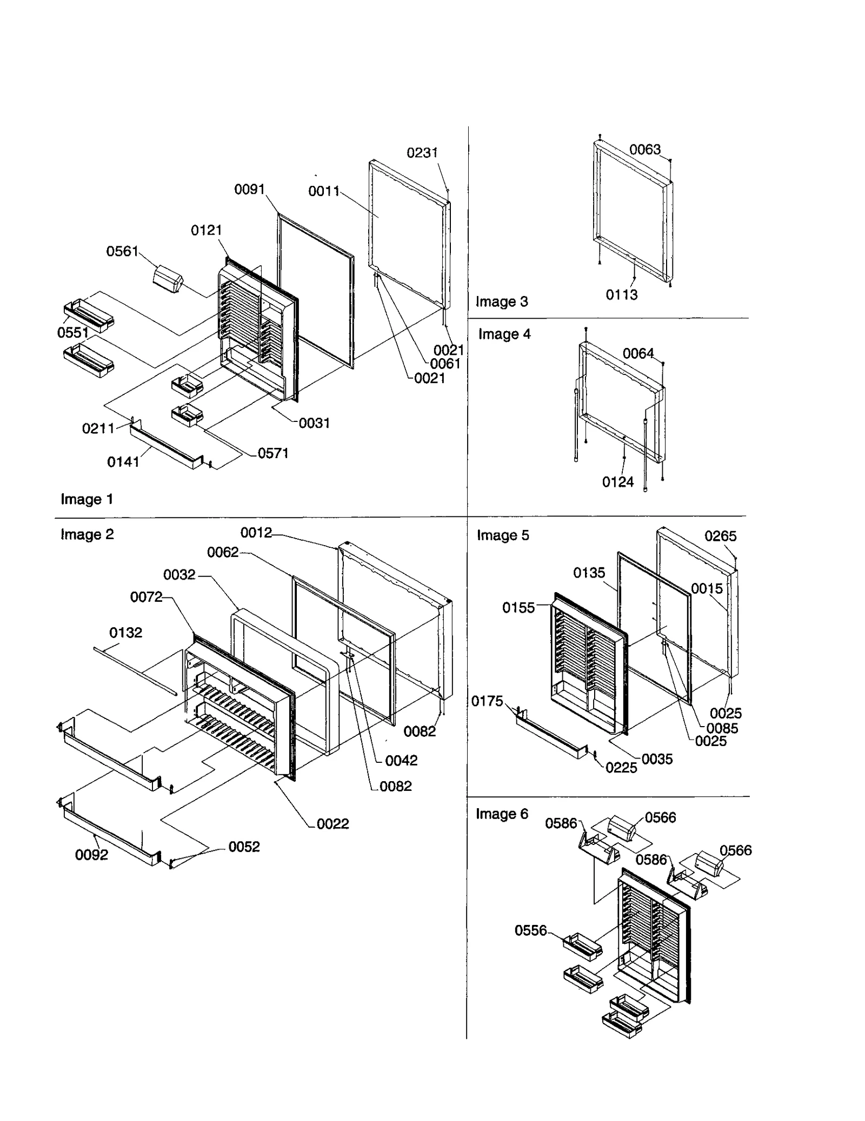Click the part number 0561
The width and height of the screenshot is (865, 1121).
[122, 251]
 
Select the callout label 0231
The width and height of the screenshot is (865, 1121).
[422, 153]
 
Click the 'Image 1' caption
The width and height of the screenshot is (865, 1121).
[86, 499]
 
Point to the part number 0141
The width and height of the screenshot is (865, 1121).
[123, 462]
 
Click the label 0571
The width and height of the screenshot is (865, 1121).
[273, 453]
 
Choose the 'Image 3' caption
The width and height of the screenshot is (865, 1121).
[501, 301]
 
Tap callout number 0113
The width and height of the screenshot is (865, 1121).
[621, 295]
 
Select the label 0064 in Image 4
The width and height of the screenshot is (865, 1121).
[638, 353]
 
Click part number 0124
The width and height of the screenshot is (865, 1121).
[617, 482]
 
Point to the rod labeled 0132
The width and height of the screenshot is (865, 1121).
[135, 670]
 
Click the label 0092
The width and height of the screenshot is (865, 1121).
[91, 855]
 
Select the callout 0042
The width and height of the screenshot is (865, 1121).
[401, 761]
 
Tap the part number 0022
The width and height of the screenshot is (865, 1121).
[332, 824]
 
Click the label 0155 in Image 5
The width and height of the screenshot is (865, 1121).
[518, 608]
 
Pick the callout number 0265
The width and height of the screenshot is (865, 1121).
[720, 536]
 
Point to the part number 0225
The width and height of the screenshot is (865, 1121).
[621, 768]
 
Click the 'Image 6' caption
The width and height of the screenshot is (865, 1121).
[501, 814]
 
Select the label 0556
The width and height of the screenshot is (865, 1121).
[530, 930]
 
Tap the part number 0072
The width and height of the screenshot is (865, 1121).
[146, 597]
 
